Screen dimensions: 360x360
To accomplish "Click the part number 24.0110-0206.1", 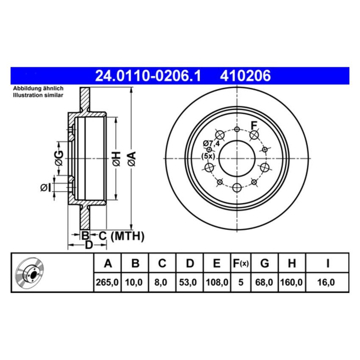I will (148, 76).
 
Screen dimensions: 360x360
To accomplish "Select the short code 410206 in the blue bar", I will (245, 76).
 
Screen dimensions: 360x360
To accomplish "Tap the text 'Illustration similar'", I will (38, 95).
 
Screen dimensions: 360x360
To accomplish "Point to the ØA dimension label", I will (132, 158).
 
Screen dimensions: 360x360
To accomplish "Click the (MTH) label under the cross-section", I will (127, 236).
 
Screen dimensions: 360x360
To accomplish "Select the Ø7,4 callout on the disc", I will (211, 143).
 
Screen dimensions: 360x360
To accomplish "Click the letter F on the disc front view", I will (254, 125).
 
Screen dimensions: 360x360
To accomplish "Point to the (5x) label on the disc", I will (209, 156).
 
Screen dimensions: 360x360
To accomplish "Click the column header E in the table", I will (216, 263).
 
